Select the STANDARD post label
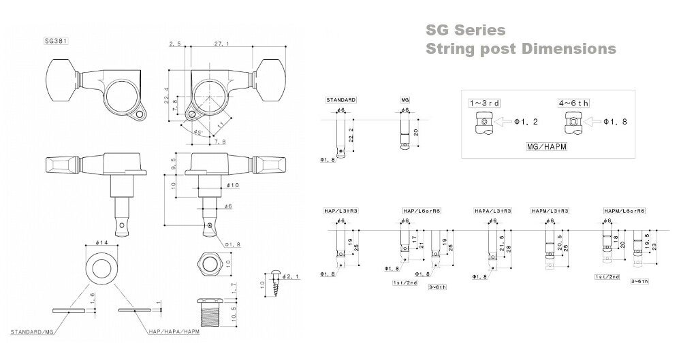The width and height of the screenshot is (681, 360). [340, 99]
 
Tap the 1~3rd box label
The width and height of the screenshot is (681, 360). [484, 103]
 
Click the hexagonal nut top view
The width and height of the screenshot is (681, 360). [208, 263]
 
